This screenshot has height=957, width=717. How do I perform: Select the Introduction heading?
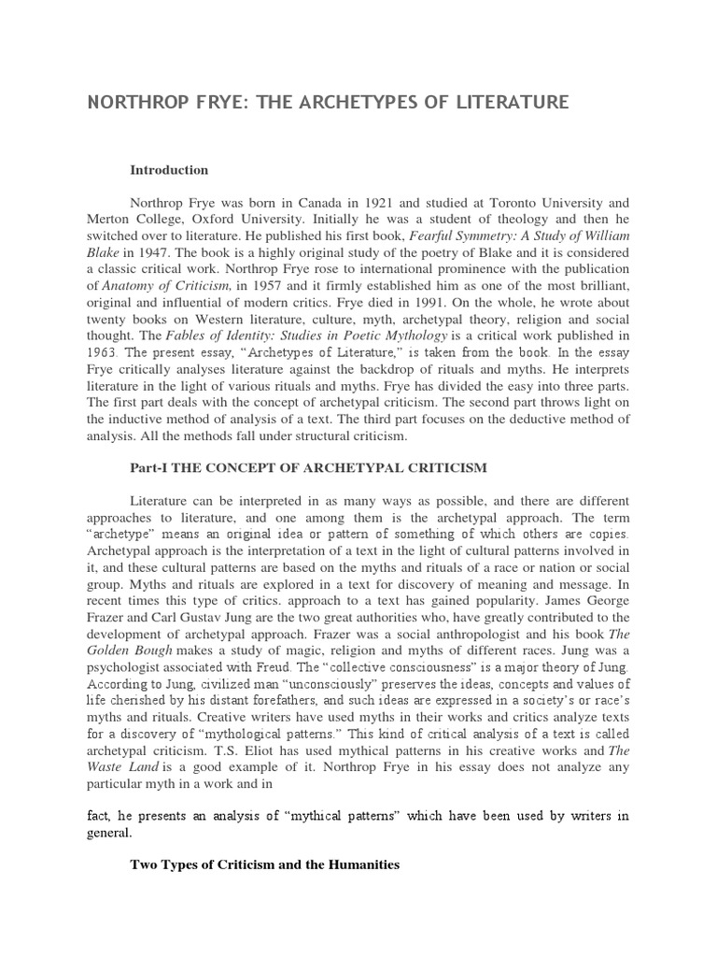pos(168,170)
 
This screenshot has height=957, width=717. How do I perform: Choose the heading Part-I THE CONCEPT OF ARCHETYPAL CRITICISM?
pos(307,466)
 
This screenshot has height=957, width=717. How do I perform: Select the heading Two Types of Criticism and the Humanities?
pos(264,865)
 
